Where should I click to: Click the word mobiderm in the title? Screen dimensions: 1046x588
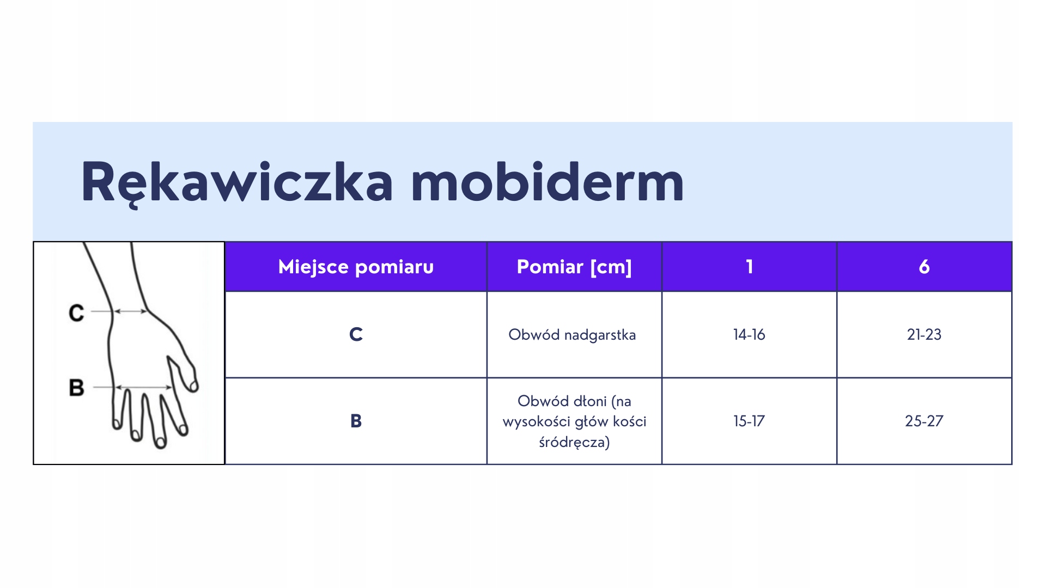coord(548,182)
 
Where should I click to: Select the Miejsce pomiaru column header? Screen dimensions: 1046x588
coord(356,267)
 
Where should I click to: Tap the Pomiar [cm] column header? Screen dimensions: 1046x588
coord(574,267)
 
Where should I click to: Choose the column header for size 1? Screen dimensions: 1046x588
coord(750,267)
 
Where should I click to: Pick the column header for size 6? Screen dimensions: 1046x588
coord(924,267)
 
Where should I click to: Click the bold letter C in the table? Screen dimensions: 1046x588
coord(356,334)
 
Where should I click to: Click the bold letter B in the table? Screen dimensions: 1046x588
coord(356,421)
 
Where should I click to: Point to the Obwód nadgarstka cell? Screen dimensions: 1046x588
coord(572,334)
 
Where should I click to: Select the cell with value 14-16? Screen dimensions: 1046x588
coord(749,334)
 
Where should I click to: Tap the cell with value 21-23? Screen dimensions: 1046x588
coord(924,334)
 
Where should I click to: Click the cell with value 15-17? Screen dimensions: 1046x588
coord(749,421)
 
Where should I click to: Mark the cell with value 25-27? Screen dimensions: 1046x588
coord(924,421)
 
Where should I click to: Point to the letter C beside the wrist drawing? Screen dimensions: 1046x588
coord(76,313)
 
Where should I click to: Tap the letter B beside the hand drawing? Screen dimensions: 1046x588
coord(76,388)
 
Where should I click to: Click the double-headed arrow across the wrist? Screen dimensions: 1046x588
coord(130,311)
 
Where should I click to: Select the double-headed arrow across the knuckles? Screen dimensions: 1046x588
coord(144,388)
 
